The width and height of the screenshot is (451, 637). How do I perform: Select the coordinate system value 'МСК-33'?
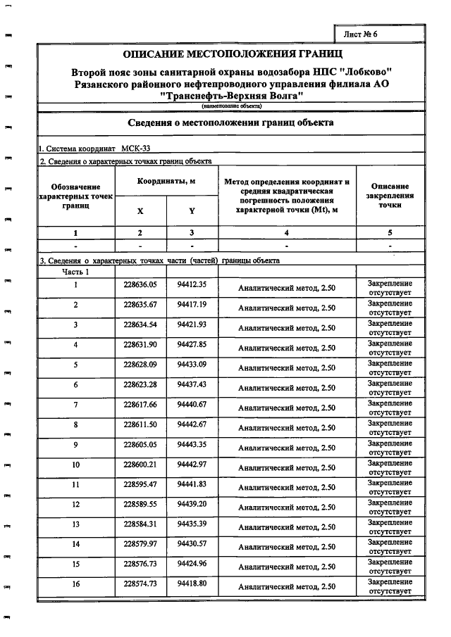[x=135, y=149]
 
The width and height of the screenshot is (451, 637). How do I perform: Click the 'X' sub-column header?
[x=140, y=210]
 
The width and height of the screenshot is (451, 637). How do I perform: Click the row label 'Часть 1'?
[x=75, y=271]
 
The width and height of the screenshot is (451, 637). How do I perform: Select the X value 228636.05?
[x=140, y=284]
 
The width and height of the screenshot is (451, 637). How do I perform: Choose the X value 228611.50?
[x=140, y=424]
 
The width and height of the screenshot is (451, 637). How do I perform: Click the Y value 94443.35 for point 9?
[x=191, y=444]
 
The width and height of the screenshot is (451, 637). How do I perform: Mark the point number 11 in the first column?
[x=75, y=484]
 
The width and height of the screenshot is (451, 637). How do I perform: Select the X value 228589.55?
[x=140, y=504]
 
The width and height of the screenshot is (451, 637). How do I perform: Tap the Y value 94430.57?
[x=191, y=544]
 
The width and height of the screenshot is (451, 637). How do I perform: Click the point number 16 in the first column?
[x=75, y=584]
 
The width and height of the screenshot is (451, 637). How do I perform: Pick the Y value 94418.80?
[x=191, y=584]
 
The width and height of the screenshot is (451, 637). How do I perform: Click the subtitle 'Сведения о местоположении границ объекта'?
[x=230, y=122]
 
